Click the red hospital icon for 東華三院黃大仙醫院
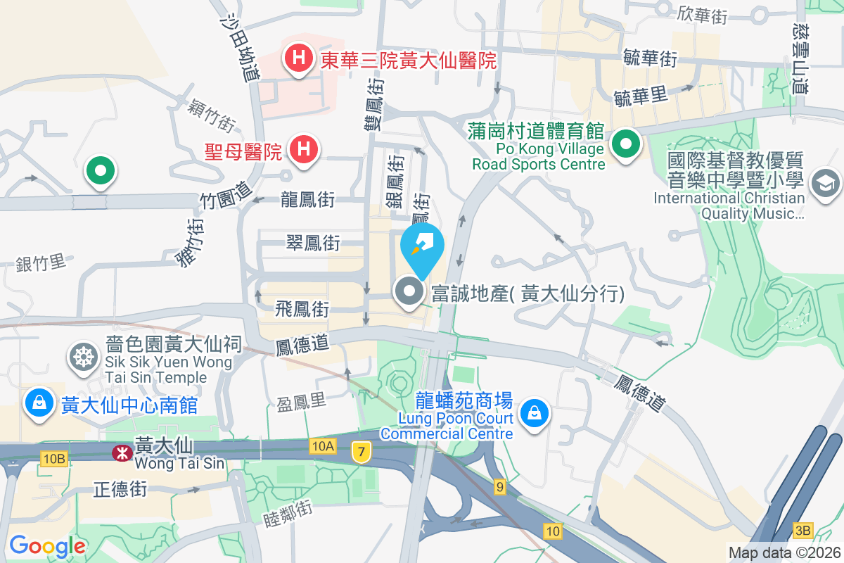pos(299,57)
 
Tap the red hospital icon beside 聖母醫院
pos(304,148)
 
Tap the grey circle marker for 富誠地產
pos(409,293)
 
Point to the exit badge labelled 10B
pos(53,459)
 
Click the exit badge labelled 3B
pos(803,530)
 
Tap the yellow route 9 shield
pos(499,486)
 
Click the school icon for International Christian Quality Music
pos(825,184)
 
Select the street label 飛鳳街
pos(302,308)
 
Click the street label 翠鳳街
pos(313,243)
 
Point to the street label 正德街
pos(120,488)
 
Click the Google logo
pos(47,545)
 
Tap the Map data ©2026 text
pos(784,552)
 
